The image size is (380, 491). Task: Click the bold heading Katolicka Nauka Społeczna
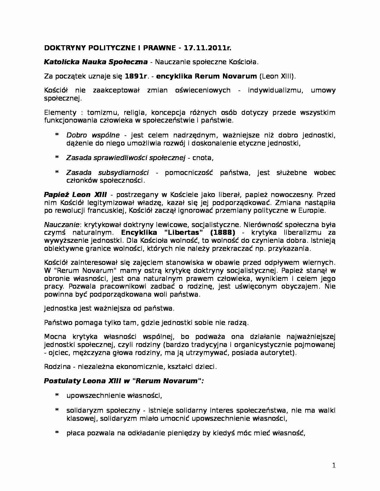click(x=96, y=62)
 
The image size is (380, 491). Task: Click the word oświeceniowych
click(x=203, y=90)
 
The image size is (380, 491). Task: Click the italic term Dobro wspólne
click(x=93, y=135)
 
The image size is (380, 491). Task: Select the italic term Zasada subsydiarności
click(x=107, y=173)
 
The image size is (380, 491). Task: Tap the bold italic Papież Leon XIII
click(x=75, y=195)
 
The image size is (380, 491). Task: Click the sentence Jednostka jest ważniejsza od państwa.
click(x=109, y=308)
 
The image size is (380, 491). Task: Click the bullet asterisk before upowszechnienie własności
click(x=57, y=396)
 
